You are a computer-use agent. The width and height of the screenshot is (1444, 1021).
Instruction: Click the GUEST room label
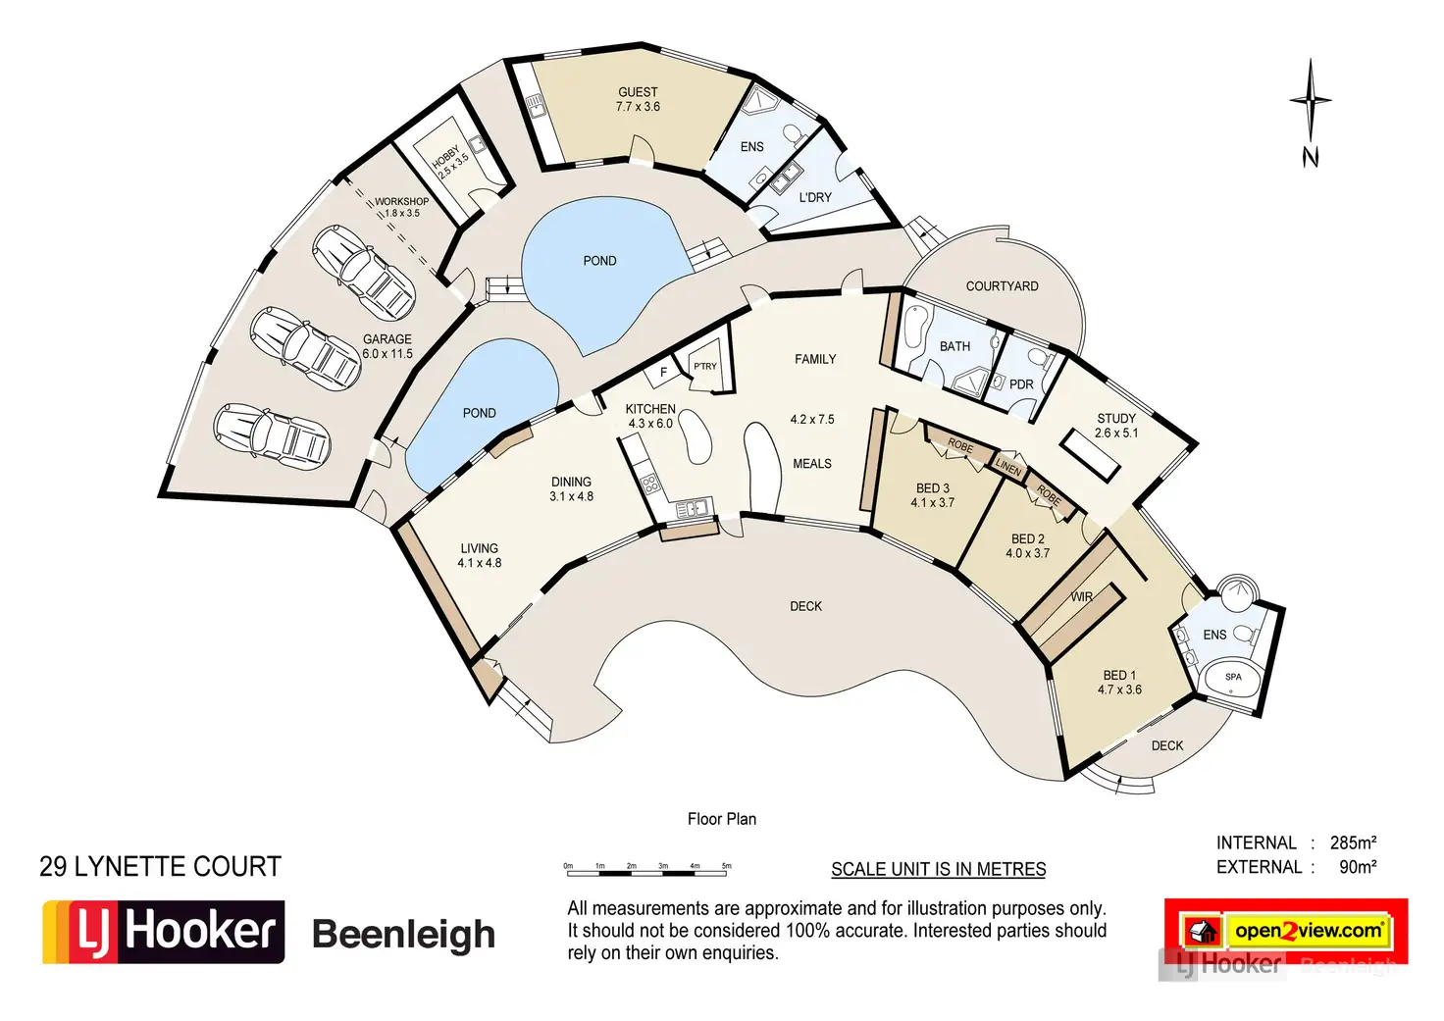[638, 92]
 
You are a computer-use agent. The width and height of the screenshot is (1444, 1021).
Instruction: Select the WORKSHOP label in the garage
[401, 201]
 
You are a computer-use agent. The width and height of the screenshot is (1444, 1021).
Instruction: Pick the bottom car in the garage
[272, 435]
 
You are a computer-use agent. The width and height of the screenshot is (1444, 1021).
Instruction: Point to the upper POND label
[599, 261]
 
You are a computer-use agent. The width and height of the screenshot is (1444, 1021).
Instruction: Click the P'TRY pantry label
[705, 366]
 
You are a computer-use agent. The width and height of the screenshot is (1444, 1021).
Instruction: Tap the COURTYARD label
[1002, 286]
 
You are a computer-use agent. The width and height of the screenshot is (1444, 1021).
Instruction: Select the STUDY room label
[1116, 418]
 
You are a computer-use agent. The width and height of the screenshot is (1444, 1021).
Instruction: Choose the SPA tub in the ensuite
[1233, 678]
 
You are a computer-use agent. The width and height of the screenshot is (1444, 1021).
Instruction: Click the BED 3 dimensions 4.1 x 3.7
[932, 503]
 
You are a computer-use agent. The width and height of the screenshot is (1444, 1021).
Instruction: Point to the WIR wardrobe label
[1082, 596]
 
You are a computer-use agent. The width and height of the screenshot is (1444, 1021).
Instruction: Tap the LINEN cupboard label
[1008, 466]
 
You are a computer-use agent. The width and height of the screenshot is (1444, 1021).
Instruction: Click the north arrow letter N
[1311, 157]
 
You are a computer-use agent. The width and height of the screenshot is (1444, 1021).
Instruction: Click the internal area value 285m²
[1353, 842]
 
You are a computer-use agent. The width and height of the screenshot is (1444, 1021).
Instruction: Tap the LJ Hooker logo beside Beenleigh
[163, 932]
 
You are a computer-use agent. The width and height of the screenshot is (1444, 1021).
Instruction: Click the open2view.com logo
[1286, 930]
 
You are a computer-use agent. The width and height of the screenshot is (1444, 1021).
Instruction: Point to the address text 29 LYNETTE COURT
[160, 867]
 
